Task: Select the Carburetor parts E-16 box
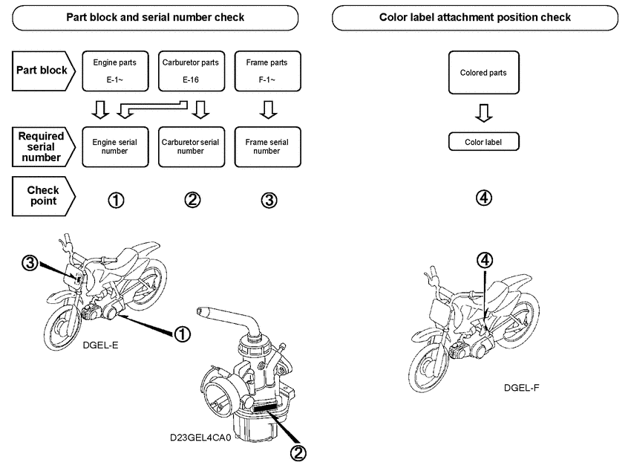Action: pyautogui.click(x=190, y=71)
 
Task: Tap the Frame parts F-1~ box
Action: pyautogui.click(x=267, y=71)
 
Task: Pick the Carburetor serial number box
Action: pyautogui.click(x=190, y=146)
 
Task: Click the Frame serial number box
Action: pyautogui.click(x=267, y=146)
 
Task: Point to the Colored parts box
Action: pyautogui.click(x=483, y=73)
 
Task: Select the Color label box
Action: pyautogui.click(x=483, y=141)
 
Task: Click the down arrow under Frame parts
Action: pyautogui.click(x=269, y=110)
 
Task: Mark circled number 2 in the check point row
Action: pyautogui.click(x=192, y=200)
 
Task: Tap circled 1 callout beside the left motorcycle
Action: pyautogui.click(x=182, y=334)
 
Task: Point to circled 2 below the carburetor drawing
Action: pyautogui.click(x=298, y=452)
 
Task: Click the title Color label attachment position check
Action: pyautogui.click(x=475, y=17)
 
